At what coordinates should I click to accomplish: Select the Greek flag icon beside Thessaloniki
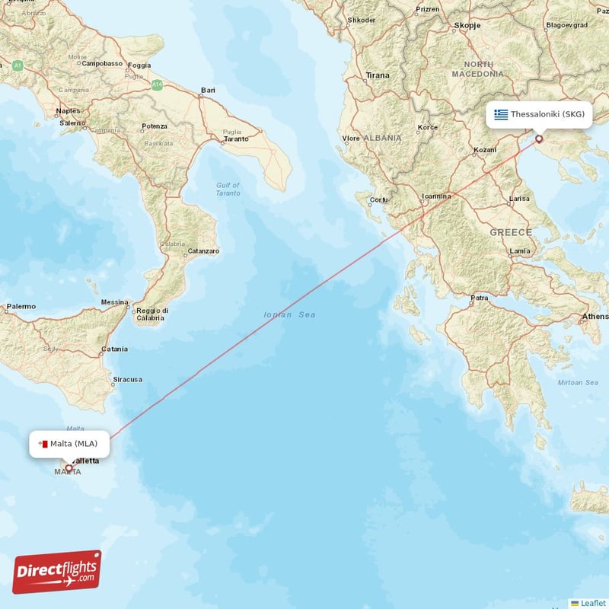[500, 114]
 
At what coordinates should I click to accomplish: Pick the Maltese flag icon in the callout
[44, 444]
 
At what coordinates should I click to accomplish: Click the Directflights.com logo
[56, 572]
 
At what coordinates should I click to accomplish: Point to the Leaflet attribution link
[593, 603]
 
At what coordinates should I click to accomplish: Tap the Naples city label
[68, 111]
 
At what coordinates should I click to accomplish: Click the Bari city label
[207, 91]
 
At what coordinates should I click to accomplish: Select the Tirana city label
[378, 75]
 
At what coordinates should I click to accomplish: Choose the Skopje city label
[467, 25]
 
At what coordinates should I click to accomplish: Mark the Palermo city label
[21, 307]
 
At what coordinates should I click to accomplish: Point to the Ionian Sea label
[289, 314]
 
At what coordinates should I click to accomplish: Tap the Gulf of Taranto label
[228, 189]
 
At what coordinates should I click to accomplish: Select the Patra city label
[480, 298]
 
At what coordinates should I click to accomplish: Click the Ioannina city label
[436, 196]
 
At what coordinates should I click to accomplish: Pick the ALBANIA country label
[381, 138]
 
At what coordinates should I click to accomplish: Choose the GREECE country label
[511, 231]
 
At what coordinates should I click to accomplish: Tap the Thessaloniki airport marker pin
[539, 139]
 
